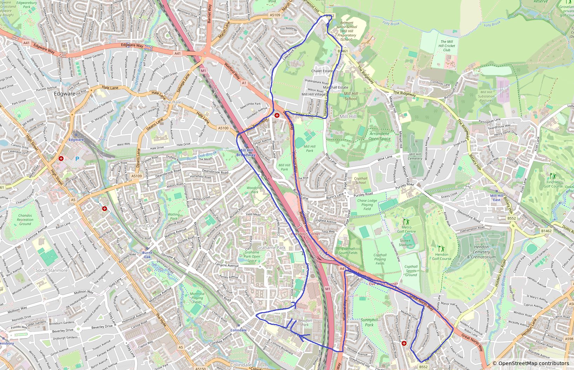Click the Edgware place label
click(65, 94)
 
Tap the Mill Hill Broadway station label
click(246, 153)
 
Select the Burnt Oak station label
click(147, 255)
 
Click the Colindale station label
click(238, 330)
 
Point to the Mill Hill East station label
click(497, 198)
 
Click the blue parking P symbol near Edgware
click(77, 159)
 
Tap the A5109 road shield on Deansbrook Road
click(136, 176)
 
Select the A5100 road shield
click(223, 128)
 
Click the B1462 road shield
click(546, 231)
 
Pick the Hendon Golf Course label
click(442, 256)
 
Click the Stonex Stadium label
click(405, 243)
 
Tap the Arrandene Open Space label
click(380, 136)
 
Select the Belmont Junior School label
click(347, 31)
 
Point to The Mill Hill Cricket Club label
click(447, 46)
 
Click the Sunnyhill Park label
click(369, 322)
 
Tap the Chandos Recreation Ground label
click(25, 220)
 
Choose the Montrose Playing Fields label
click(197, 298)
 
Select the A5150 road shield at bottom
click(200, 368)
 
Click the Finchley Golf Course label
click(553, 184)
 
